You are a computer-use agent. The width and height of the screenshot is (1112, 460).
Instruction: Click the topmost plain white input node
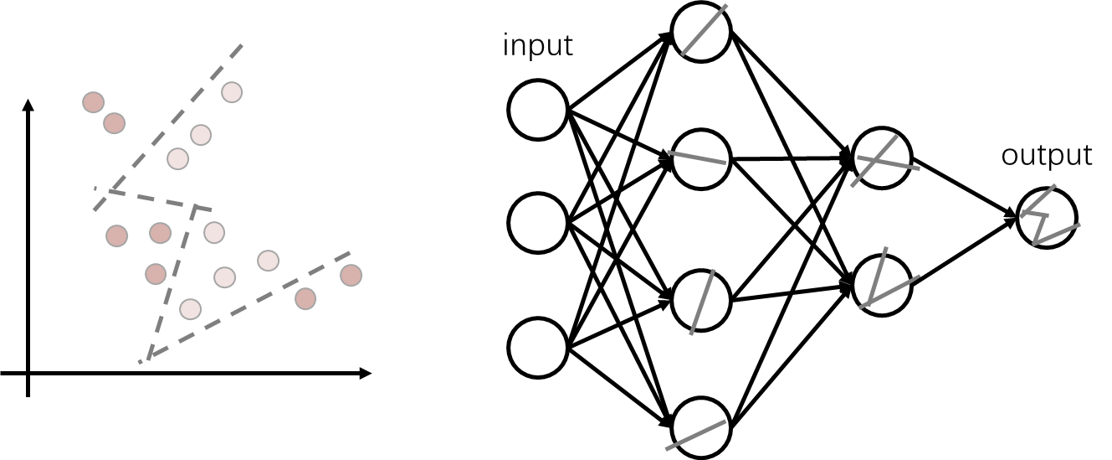pyautogui.click(x=538, y=110)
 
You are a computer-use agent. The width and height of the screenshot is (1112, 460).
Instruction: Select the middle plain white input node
pyautogui.click(x=538, y=223)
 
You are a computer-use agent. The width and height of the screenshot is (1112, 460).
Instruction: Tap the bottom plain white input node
pyautogui.click(x=538, y=348)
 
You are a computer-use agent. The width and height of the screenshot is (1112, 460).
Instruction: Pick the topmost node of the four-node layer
pyautogui.click(x=701, y=32)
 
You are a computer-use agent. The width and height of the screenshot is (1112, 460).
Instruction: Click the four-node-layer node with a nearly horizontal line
pyautogui.click(x=701, y=158)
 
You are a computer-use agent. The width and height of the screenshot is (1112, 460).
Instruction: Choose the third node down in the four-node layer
pyautogui.click(x=701, y=300)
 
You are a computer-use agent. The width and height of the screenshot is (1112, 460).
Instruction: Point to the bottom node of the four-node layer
pyautogui.click(x=701, y=427)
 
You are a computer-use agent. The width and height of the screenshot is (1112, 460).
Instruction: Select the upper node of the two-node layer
pyautogui.click(x=882, y=158)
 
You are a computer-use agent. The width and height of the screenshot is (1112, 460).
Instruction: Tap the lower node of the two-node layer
pyautogui.click(x=882, y=285)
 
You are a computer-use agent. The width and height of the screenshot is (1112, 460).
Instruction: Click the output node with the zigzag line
pyautogui.click(x=1046, y=218)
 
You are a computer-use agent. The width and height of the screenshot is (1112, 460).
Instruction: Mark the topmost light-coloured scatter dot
pyautogui.click(x=232, y=92)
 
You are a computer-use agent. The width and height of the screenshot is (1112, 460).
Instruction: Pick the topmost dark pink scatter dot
pyautogui.click(x=94, y=102)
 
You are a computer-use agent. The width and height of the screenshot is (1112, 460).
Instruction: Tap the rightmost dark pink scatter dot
pyautogui.click(x=351, y=275)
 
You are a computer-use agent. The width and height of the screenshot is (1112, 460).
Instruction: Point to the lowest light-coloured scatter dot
pyautogui.click(x=191, y=309)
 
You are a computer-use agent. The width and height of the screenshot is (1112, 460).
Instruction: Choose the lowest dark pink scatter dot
pyautogui.click(x=305, y=298)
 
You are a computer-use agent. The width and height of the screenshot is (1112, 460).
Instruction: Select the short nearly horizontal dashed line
pyautogui.click(x=159, y=199)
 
